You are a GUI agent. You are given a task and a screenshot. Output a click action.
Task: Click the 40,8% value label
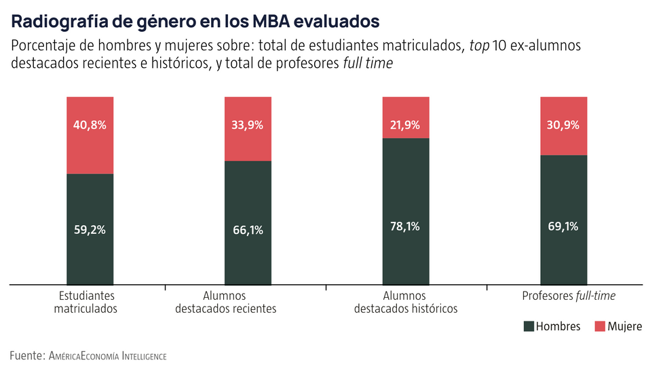click(90, 125)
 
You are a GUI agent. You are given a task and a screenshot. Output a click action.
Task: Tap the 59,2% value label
click(90, 229)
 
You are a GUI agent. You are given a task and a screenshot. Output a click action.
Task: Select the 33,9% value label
click(248, 125)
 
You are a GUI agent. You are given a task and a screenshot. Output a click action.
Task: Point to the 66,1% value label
click(248, 230)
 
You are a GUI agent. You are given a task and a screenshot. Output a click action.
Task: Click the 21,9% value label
click(406, 125)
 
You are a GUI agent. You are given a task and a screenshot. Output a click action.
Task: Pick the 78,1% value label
click(406, 227)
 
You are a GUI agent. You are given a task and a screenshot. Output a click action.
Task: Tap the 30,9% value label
click(563, 125)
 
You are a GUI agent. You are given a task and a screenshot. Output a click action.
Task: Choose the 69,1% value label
click(563, 227)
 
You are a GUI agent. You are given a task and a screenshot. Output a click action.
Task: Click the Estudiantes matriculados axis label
click(86, 302)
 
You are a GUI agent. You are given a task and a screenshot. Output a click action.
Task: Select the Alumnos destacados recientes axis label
click(225, 302)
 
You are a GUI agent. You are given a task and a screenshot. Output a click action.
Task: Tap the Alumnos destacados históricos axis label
click(405, 302)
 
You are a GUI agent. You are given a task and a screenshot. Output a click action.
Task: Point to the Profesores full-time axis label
click(573, 296)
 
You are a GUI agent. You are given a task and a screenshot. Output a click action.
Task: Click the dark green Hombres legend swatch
click(529, 327)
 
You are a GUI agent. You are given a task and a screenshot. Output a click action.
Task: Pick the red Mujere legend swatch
click(600, 327)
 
